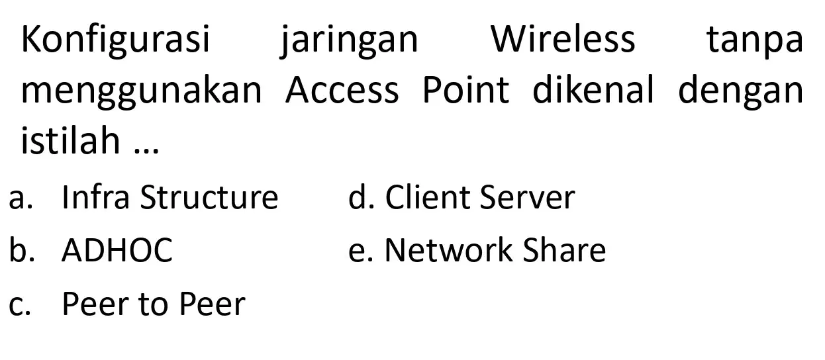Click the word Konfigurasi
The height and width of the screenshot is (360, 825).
coord(116,40)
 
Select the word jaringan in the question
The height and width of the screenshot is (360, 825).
coord(349,40)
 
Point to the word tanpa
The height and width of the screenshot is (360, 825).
coord(755,41)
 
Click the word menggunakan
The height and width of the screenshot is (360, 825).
coord(142,92)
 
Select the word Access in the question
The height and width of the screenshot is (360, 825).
coord(342,89)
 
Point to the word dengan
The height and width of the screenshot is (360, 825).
coord(740,92)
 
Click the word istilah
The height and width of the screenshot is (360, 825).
coord(70,140)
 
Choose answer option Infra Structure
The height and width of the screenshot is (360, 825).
coord(170,197)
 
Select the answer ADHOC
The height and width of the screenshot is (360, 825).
coord(117,250)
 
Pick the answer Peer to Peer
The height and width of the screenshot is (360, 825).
coord(154,304)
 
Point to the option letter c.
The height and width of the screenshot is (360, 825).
coord(19,307)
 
